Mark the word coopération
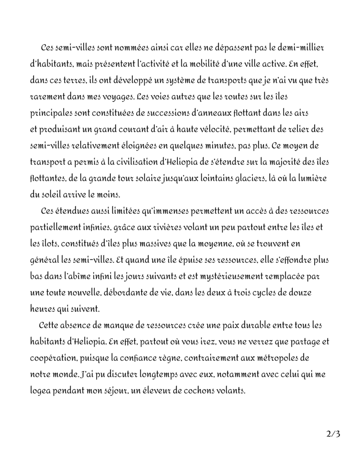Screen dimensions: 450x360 [51, 358]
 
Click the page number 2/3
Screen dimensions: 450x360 [333, 434]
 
